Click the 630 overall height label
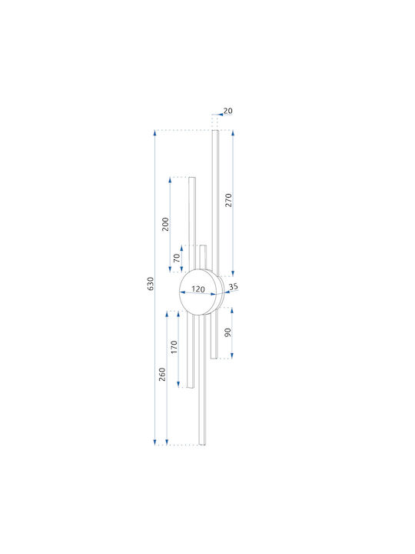coord(151,284)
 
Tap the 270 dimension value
coord(229,200)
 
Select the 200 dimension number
coord(165,225)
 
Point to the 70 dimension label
coord(177,258)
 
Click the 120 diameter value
coord(198,289)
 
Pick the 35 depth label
coord(234,286)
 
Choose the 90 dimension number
coord(227,332)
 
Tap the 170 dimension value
coord(174,347)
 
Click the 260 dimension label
coord(162,375)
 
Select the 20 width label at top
coord(228,111)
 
